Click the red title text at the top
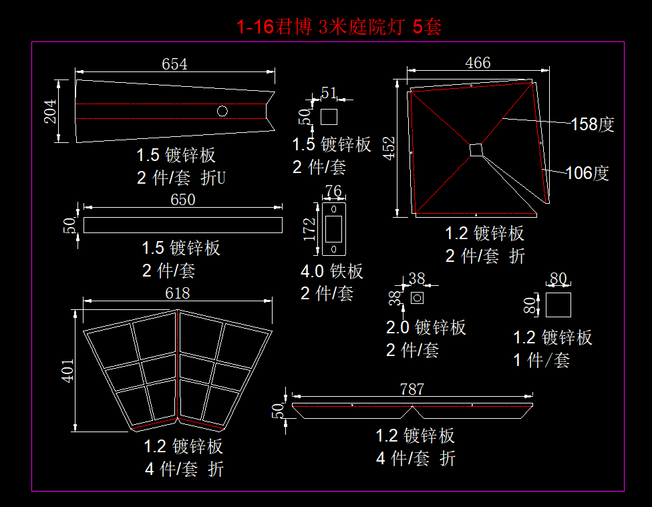tap(339, 27)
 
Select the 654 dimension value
tap(174, 64)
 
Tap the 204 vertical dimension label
tap(50, 112)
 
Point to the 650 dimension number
tap(182, 200)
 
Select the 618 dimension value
tap(177, 293)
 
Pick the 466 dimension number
tap(478, 63)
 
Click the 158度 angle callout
tap(592, 124)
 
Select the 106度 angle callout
tap(587, 174)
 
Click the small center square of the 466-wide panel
tap(476, 150)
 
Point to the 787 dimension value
tap(412, 389)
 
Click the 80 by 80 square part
tap(558, 305)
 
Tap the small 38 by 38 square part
tap(417, 297)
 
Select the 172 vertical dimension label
tap(309, 229)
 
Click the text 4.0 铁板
tap(331, 271)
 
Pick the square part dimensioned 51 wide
tap(329, 117)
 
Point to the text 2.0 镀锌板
tap(426, 328)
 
